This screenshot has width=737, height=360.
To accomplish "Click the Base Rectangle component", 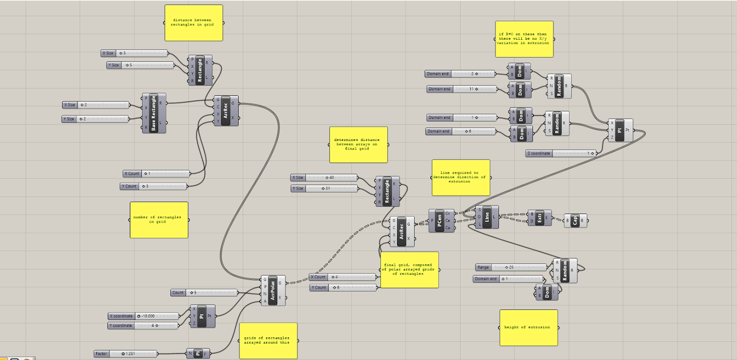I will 154,113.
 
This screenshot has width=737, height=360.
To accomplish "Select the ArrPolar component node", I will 273,290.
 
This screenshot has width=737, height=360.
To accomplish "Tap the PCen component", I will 439,221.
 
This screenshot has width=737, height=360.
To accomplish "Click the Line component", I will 487,217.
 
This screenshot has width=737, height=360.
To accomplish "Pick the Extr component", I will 539,218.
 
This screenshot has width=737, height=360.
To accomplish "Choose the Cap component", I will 574,221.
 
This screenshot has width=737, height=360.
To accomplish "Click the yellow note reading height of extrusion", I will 528,327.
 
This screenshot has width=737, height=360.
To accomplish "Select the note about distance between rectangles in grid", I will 193,23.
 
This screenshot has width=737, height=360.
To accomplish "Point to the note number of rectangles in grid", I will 158,220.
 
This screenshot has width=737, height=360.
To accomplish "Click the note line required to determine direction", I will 461,177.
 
